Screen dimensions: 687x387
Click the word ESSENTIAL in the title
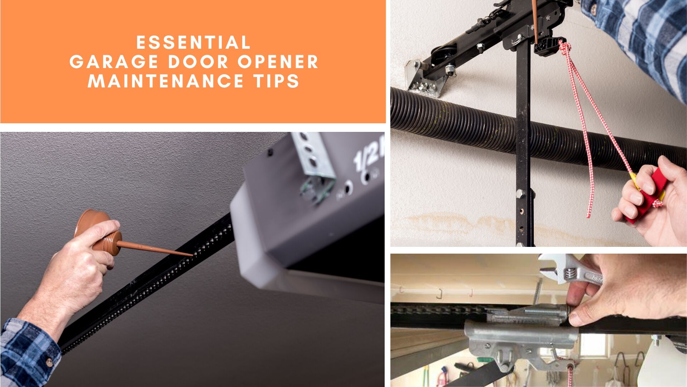click(193, 43)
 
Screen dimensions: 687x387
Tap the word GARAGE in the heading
click(114, 62)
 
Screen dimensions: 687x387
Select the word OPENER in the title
click(278, 62)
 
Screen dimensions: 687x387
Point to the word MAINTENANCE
click(166, 81)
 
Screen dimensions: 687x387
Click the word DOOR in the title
click(198, 62)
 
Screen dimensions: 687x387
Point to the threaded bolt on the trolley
click(546, 311)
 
